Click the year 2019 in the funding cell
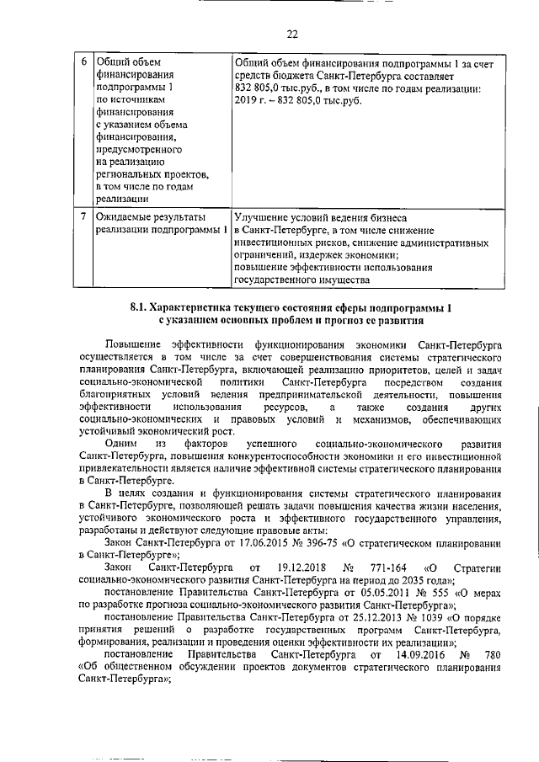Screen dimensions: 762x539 pos(248,99)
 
